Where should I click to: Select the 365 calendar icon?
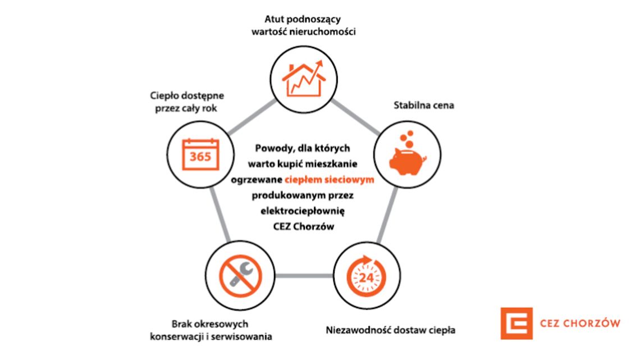pyautogui.click(x=200, y=154)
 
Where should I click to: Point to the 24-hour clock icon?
pyautogui.click(x=366, y=275)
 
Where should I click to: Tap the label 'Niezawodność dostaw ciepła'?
pyautogui.click(x=391, y=330)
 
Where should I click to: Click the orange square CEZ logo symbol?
pyautogui.click(x=516, y=323)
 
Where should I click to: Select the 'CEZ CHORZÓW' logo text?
pyautogui.click(x=580, y=323)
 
